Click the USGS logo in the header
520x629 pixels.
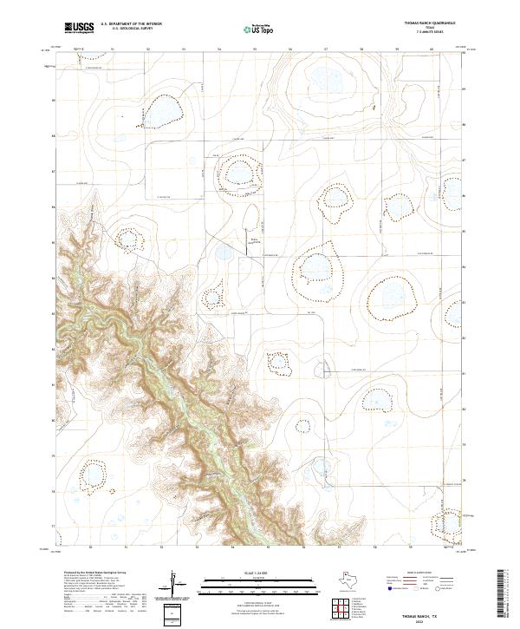79,28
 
